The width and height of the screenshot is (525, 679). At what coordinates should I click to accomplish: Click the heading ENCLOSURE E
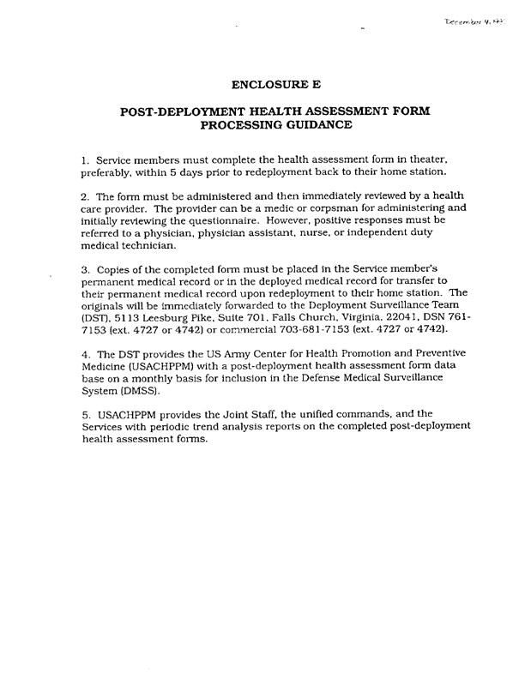pyautogui.click(x=276, y=84)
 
